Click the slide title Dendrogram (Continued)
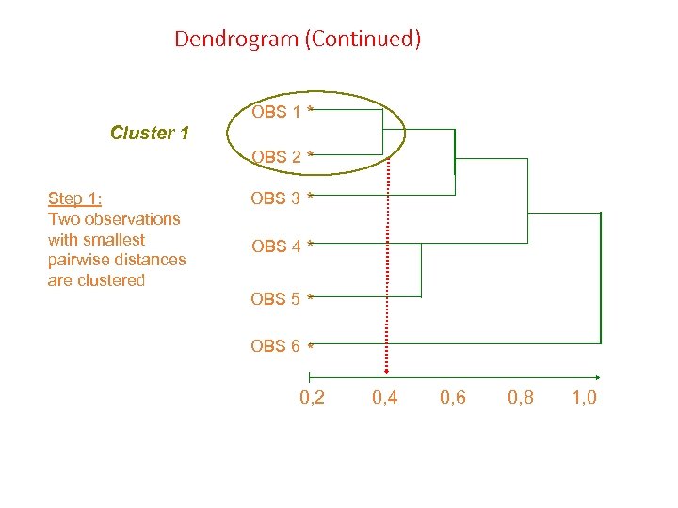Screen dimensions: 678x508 click(298, 40)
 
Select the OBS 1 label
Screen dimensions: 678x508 click(276, 113)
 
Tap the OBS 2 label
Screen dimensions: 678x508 click(276, 156)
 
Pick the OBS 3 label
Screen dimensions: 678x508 click(276, 198)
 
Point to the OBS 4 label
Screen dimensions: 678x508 click(276, 246)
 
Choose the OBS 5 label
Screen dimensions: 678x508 click(276, 299)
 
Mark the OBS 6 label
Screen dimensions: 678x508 click(276, 346)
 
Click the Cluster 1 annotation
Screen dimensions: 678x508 click(150, 133)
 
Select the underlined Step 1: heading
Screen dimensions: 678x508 click(75, 198)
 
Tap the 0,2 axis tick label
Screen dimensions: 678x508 click(313, 398)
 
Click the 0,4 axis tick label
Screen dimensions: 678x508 click(385, 398)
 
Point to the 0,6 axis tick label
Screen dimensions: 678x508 click(453, 398)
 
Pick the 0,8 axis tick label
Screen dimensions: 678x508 click(521, 398)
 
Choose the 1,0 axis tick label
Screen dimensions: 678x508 click(584, 398)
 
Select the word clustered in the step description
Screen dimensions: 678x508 click(111, 280)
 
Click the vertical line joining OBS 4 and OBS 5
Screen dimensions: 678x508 click(421, 271)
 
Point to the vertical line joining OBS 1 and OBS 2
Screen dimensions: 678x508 click(382, 132)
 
